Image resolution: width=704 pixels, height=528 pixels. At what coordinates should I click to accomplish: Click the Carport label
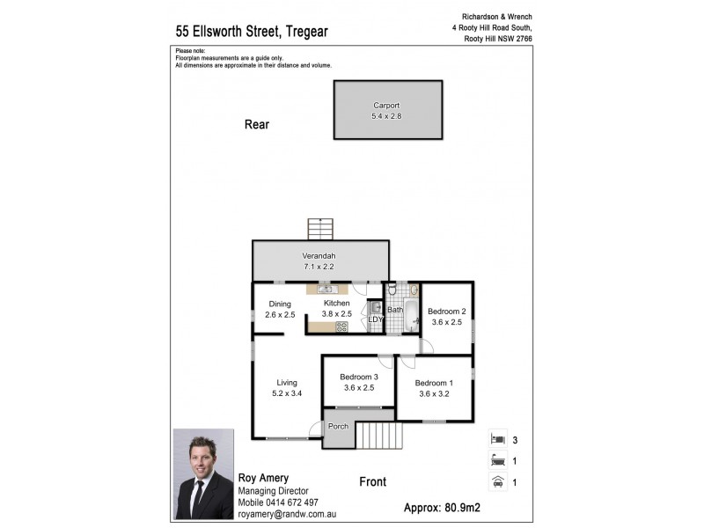point(386,106)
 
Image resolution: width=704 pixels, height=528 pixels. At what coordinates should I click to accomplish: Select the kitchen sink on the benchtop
point(326,289)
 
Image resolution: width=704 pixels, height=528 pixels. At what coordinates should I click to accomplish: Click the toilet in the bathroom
point(392,290)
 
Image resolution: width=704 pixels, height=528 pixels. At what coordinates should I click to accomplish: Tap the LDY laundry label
point(375,319)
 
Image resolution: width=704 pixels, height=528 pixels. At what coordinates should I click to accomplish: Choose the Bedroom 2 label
point(446,312)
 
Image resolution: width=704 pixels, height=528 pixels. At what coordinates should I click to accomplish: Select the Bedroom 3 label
point(358,377)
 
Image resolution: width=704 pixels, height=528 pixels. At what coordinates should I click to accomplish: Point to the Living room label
point(287,383)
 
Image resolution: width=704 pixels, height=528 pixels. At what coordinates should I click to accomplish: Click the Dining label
point(280,304)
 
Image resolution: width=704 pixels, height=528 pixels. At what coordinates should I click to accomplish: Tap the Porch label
point(338,427)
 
